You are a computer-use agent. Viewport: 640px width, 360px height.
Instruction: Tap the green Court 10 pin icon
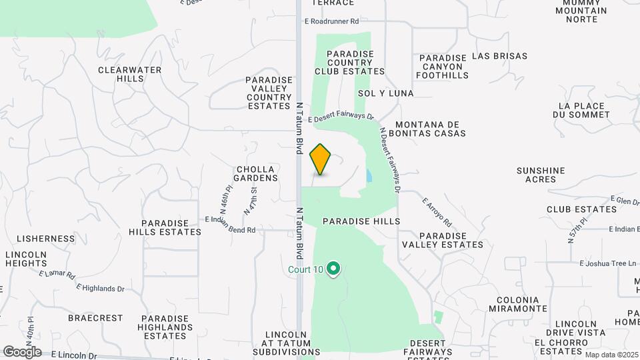tap(334, 269)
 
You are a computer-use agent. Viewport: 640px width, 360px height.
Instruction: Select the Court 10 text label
tap(305, 270)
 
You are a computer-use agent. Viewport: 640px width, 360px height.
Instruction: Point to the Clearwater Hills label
tap(121, 73)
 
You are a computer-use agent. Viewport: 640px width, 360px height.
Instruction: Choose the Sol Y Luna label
tap(385, 93)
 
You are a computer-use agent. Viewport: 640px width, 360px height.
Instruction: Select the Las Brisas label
tap(499, 57)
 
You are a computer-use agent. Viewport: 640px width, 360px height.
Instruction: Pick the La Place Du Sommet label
tap(585, 110)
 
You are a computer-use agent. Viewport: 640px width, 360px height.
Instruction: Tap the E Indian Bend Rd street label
tap(230, 230)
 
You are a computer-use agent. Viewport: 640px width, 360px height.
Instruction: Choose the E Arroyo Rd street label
tap(437, 211)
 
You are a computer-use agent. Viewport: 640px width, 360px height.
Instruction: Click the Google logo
tap(22, 351)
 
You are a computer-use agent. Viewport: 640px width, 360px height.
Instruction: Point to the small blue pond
tap(369, 176)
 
